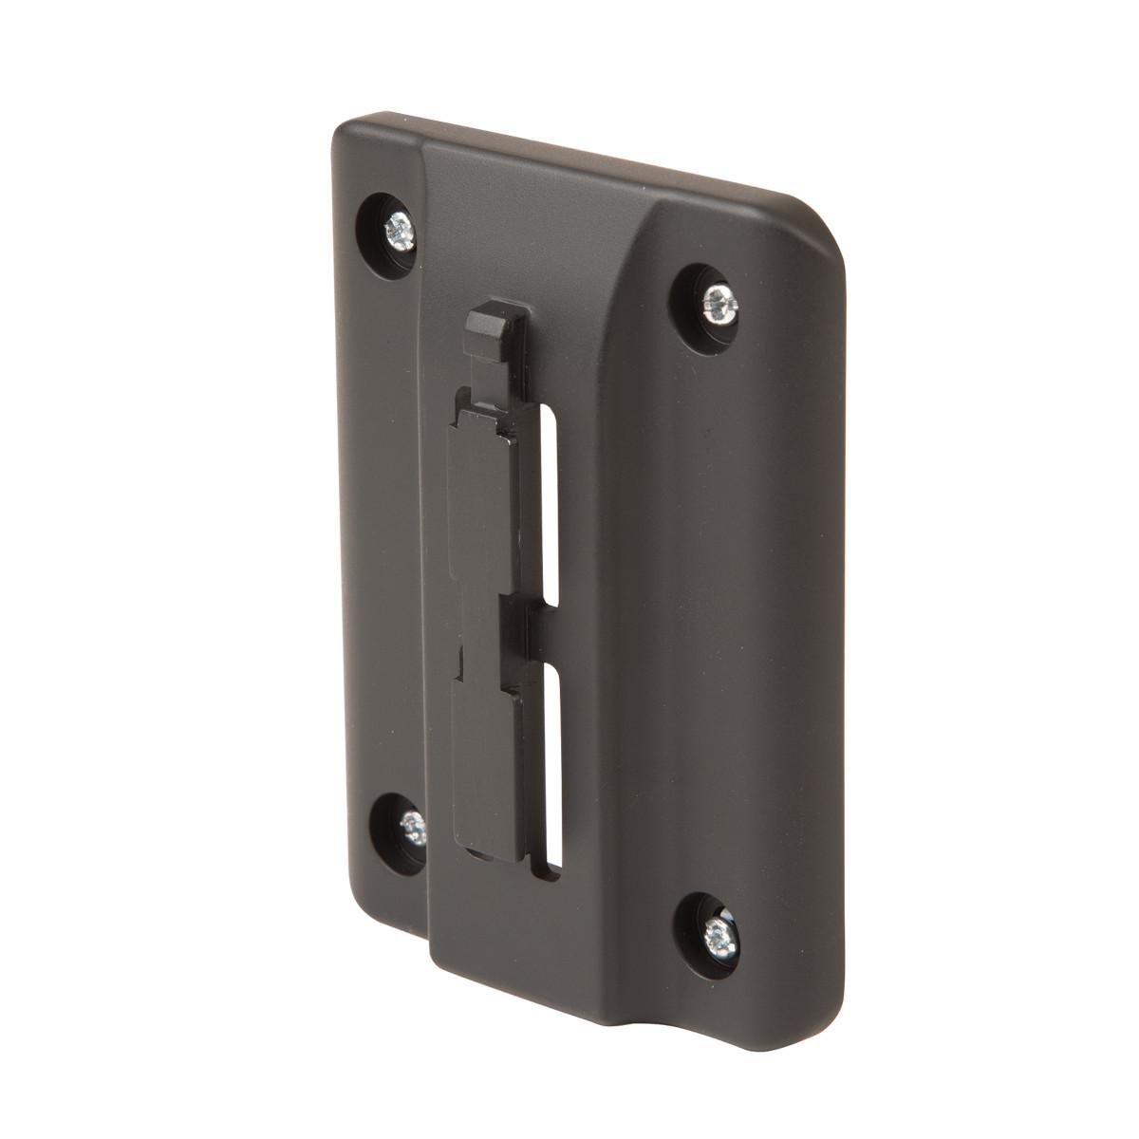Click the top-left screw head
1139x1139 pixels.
click(398, 228)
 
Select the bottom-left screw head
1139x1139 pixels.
click(414, 828)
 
